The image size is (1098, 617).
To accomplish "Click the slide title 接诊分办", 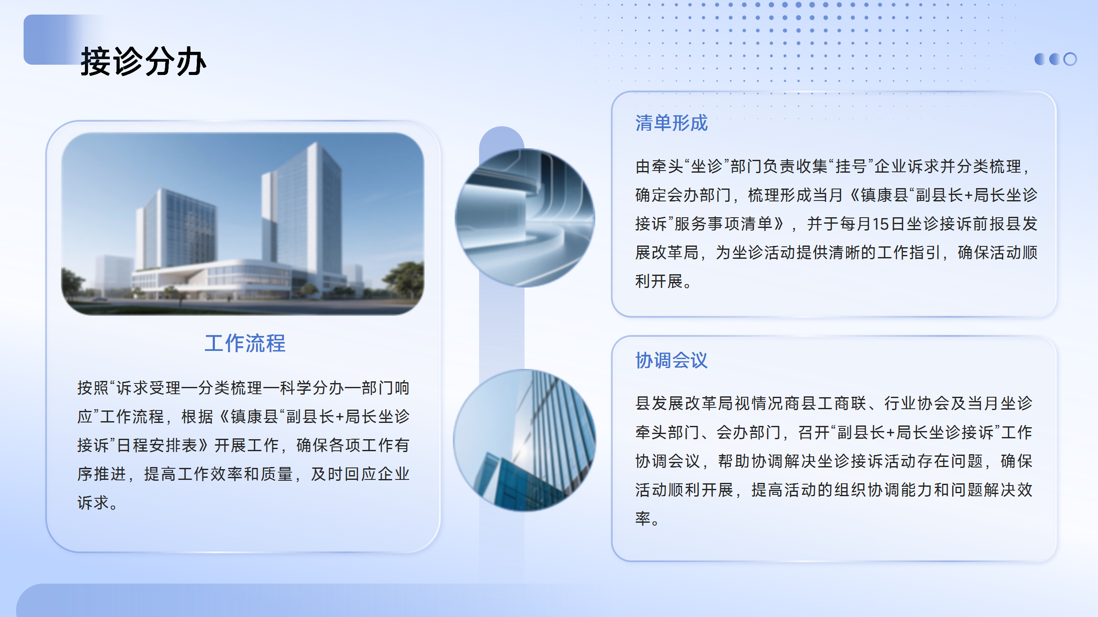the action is (x=144, y=61).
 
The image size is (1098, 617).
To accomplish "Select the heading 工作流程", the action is (x=245, y=343).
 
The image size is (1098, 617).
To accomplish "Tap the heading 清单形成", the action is (x=671, y=123).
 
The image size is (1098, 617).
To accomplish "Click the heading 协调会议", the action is (x=671, y=360).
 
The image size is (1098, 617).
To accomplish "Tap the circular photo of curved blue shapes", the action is (x=525, y=218).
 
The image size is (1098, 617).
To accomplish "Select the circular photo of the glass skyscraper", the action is (x=524, y=440).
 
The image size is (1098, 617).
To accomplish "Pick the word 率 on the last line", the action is (x=643, y=518).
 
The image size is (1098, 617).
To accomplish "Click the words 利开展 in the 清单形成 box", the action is (x=659, y=282).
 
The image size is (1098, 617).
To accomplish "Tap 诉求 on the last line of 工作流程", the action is (x=93, y=503).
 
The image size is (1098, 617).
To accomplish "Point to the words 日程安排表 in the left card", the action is (x=157, y=445).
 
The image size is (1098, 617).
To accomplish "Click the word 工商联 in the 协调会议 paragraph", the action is (x=842, y=403).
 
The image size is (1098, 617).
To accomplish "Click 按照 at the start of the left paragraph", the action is (x=93, y=388).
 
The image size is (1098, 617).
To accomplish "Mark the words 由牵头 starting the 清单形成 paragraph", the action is (x=659, y=166).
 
